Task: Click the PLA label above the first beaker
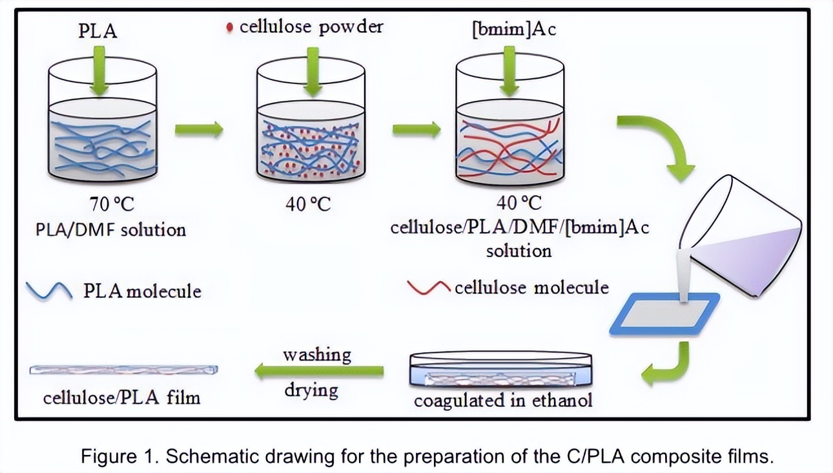pyautogui.click(x=98, y=30)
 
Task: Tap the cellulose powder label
pyautogui.click(x=311, y=26)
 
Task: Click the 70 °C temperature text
pyautogui.click(x=112, y=204)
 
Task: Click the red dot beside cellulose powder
pyautogui.click(x=229, y=28)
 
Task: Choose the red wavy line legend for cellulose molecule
pyautogui.click(x=429, y=287)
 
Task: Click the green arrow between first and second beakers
pyautogui.click(x=199, y=131)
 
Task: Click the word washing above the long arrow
pyautogui.click(x=316, y=355)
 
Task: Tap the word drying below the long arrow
pyautogui.click(x=311, y=390)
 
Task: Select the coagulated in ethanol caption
pyautogui.click(x=502, y=401)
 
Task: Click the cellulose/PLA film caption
pyautogui.click(x=121, y=396)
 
